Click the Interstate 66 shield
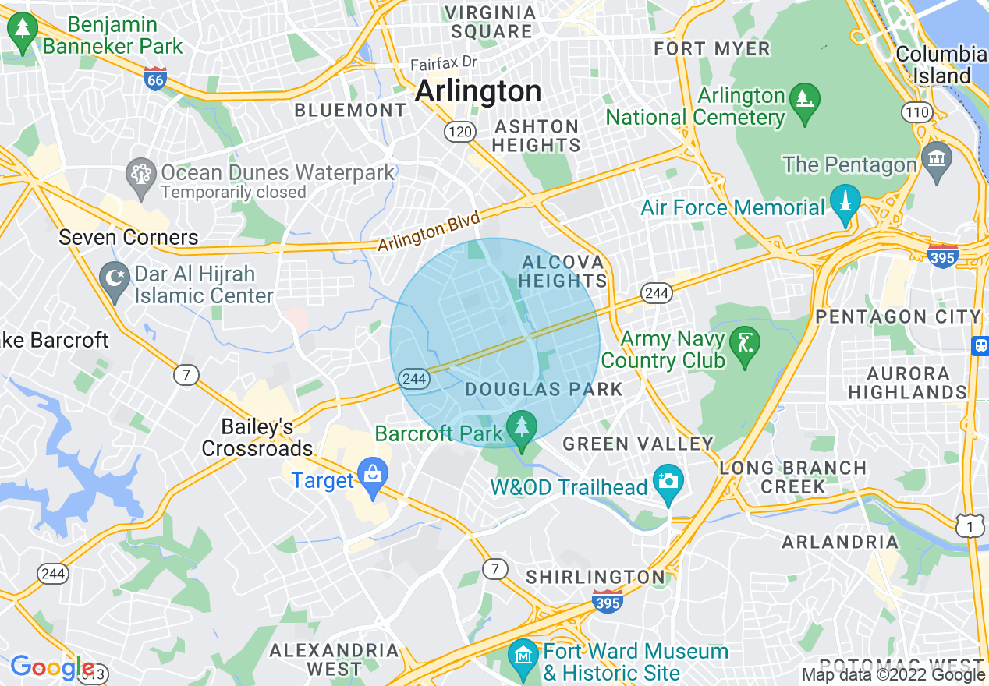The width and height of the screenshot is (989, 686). [x=155, y=79]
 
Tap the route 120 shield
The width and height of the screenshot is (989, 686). [x=459, y=132]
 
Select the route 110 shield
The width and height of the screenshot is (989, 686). [x=917, y=112]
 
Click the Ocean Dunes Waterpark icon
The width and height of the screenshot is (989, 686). [x=141, y=173]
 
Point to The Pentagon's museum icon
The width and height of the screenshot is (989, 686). [x=936, y=160]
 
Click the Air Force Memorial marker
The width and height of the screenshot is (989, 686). [x=845, y=203]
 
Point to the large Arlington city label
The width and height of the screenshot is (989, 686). [x=477, y=91]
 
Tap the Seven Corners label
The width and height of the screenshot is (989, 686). [x=129, y=237]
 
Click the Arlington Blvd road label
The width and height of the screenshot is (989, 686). [x=428, y=232]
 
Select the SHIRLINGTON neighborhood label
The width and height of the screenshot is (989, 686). [x=595, y=577]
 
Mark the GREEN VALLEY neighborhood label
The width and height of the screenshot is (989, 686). [x=638, y=444]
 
